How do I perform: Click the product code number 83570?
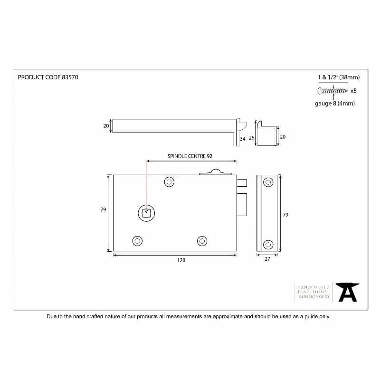tap(70, 77)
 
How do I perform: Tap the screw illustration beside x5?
tap(333, 91)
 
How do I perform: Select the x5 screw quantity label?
tap(353, 91)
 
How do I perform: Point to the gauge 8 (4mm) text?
tap(335, 104)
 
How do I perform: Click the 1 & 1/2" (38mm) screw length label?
tap(339, 77)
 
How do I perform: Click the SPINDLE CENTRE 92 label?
tap(190, 156)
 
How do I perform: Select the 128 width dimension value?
tap(181, 260)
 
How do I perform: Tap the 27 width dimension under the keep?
tap(267, 259)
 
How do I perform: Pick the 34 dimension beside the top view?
tap(243, 139)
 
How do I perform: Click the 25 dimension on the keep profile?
tap(252, 138)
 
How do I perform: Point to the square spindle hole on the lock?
tap(146, 213)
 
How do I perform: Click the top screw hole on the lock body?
tap(169, 182)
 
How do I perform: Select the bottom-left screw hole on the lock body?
tap(137, 241)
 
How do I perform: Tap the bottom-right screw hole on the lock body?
tap(202, 241)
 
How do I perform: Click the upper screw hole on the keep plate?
tap(268, 182)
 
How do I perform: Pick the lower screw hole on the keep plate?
tap(268, 245)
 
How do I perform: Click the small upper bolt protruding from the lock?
tap(242, 183)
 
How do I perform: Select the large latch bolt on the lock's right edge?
tap(242, 205)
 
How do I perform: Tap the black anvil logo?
tap(347, 292)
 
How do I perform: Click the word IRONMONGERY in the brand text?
tap(313, 296)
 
